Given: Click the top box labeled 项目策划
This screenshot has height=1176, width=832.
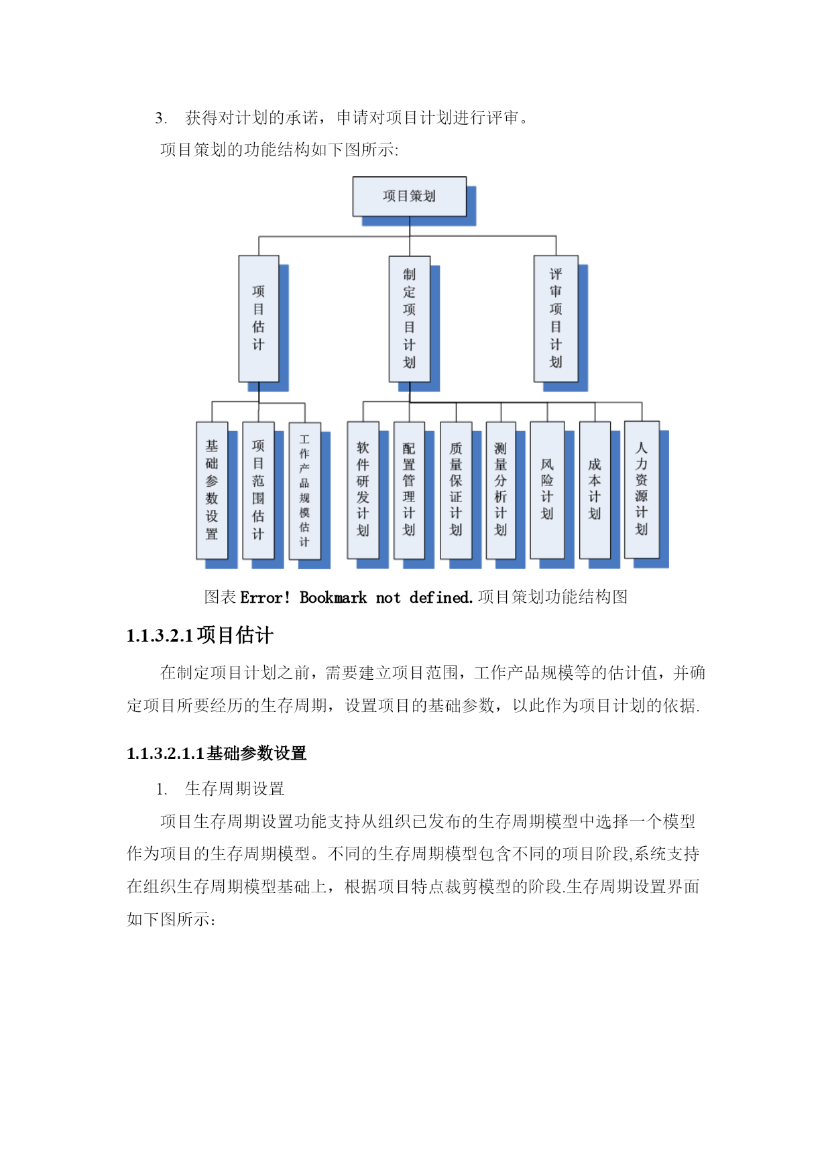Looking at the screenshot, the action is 409,196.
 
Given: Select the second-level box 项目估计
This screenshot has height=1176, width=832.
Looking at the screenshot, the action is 259,318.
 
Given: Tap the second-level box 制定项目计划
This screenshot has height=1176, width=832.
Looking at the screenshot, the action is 410,319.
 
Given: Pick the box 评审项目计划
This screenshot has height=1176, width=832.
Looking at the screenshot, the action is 556,318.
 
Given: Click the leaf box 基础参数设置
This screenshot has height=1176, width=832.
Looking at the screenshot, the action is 212,490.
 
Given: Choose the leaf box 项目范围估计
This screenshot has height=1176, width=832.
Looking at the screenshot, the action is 258,490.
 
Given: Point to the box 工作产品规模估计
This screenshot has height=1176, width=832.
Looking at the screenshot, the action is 304,491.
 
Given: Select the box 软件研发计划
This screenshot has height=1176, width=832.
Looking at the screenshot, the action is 363,490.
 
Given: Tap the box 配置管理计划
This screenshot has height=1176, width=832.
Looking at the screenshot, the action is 409,490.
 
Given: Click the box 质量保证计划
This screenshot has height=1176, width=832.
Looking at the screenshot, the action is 456,490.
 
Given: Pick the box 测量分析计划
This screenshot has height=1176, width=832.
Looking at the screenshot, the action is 501,490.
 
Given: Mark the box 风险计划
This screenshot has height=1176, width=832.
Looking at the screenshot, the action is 547,490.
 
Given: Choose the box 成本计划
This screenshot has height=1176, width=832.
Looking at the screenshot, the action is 595,490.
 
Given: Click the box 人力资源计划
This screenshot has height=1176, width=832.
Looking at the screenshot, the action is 642,489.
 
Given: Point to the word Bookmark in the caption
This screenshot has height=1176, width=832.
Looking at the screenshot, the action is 333,597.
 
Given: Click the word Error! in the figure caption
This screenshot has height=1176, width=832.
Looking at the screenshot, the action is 265,597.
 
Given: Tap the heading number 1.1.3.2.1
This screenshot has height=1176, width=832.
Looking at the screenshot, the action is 160,636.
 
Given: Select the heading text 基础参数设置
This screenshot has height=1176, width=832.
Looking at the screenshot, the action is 257,754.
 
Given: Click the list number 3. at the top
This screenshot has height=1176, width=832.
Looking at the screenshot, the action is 161,119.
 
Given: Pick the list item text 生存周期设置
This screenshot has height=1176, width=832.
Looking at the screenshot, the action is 235,789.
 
